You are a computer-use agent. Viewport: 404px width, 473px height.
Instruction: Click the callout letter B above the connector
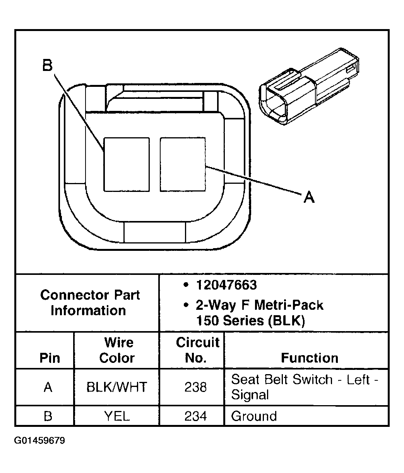point(47,66)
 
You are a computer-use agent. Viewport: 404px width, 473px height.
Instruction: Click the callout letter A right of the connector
point(308,197)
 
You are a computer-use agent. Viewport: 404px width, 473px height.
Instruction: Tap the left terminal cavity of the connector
point(127,164)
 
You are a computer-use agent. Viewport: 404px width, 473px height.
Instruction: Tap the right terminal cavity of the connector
point(183,164)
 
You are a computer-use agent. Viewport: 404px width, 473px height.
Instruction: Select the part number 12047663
point(226,285)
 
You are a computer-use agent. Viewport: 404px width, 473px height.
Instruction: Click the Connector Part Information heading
point(89,303)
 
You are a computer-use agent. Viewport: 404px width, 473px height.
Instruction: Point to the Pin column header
point(50,358)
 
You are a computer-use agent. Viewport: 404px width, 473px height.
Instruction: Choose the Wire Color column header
point(116,350)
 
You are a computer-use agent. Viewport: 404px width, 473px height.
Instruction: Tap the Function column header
point(309,358)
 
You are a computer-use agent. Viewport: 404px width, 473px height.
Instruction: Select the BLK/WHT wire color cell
point(116,387)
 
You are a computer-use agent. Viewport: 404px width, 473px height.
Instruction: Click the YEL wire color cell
point(116,416)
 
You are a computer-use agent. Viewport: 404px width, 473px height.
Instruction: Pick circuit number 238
point(195,387)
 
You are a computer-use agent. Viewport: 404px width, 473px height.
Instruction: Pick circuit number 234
point(195,416)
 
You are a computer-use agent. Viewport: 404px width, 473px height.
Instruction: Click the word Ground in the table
point(254,416)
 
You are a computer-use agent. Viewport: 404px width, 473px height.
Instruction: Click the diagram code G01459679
point(40,441)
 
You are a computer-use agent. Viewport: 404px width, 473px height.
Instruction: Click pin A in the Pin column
point(48,387)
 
